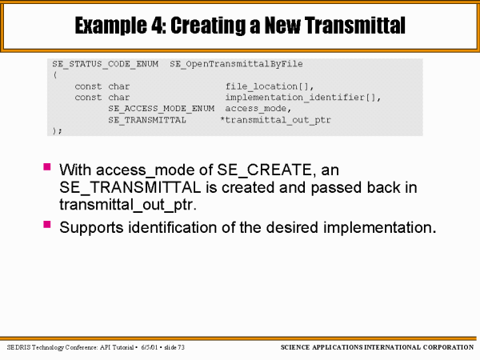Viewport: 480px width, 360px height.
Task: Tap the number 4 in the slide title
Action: tap(158, 25)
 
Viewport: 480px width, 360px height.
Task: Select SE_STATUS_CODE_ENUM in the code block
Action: tap(106, 64)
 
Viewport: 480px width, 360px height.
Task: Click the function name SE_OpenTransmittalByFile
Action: tap(236, 64)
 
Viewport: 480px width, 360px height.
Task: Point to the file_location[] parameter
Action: tap(270, 86)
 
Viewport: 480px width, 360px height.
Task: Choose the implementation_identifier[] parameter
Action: tap(302, 98)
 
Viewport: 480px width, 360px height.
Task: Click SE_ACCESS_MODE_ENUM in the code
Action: tap(162, 109)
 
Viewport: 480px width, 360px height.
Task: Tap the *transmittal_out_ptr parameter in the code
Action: tap(275, 120)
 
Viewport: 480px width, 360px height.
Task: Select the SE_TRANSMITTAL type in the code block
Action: tap(147, 120)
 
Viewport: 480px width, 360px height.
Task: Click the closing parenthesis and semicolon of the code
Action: tap(57, 130)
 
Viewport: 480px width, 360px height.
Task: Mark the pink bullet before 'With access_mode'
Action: tap(47, 167)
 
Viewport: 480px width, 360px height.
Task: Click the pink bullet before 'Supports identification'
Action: tap(47, 224)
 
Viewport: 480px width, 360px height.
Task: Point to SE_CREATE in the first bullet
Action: tap(264, 170)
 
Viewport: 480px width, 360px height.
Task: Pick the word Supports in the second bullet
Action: tap(91, 228)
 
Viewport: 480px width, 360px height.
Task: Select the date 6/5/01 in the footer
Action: tap(149, 347)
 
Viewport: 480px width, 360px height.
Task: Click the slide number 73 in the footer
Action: tap(181, 347)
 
